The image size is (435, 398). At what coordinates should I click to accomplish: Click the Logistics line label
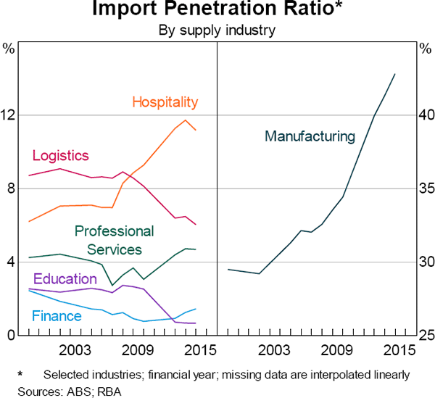(x=60, y=155)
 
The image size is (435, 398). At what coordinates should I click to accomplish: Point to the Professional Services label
(x=115, y=240)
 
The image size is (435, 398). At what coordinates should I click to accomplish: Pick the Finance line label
(x=57, y=316)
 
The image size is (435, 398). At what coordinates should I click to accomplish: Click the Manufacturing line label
(x=310, y=136)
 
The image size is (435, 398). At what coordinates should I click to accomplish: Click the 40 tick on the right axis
(x=426, y=115)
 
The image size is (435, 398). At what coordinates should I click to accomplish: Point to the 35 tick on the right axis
(x=426, y=188)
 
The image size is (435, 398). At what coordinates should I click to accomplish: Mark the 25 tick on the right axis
(x=426, y=335)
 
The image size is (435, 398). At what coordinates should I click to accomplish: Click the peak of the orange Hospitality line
(x=186, y=120)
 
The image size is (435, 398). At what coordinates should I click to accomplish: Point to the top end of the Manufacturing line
(x=394, y=73)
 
